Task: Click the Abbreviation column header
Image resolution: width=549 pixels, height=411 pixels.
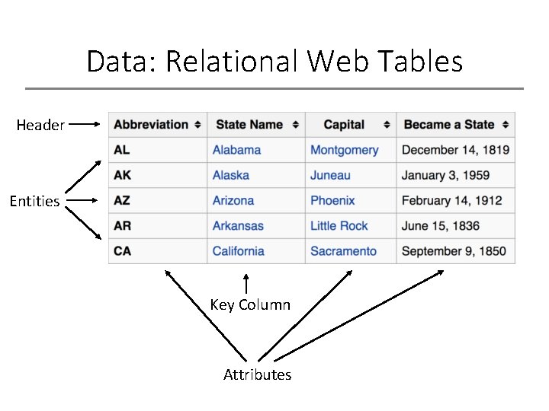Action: pos(151,124)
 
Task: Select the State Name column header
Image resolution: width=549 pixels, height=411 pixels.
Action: pos(249,124)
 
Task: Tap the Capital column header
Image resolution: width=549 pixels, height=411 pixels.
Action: pos(344,124)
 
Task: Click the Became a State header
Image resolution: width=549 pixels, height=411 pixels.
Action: pos(449,124)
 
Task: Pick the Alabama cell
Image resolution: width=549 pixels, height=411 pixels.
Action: pos(236,150)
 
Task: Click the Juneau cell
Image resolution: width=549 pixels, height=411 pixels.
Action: pos(330,175)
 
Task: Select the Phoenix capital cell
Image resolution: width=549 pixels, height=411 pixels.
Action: pos(332,201)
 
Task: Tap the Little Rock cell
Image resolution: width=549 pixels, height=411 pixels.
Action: pos(339,226)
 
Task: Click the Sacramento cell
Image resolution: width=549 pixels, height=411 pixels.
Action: pos(343,251)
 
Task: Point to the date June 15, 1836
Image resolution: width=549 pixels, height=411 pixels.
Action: pos(441,226)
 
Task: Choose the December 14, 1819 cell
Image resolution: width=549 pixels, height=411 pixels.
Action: pos(455,150)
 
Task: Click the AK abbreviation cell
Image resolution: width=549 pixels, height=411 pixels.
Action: pos(122,175)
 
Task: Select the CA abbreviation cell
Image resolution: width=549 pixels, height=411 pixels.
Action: pos(122,251)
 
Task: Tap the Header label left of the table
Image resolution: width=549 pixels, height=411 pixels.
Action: pos(40,125)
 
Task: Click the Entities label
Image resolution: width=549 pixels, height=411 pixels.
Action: pos(34,202)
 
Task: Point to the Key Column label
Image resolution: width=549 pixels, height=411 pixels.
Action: pos(250,305)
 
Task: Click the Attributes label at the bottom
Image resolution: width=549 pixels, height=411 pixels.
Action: pos(257,374)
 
